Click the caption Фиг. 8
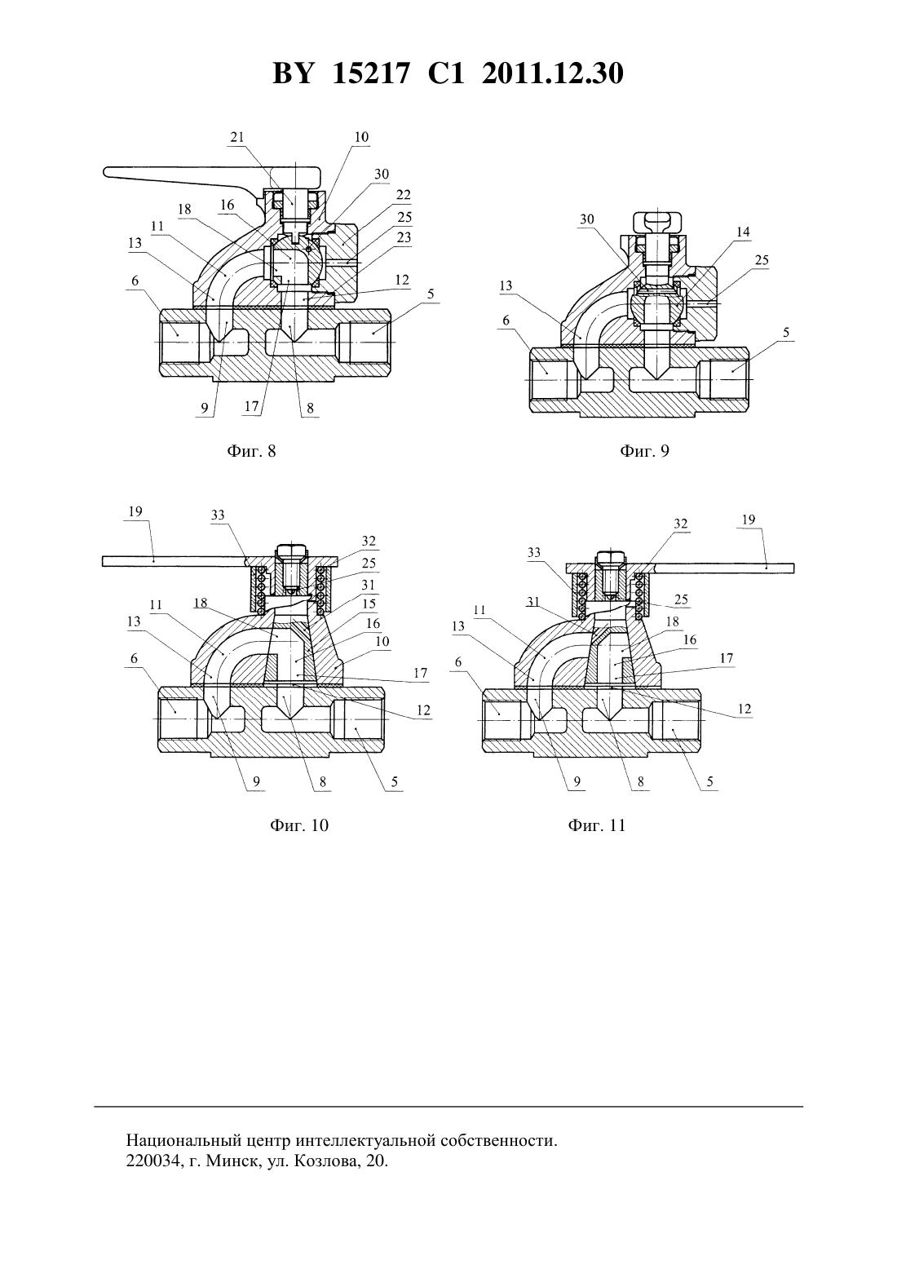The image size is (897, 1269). click(251, 451)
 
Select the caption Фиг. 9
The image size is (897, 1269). click(644, 451)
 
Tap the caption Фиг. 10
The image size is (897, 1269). click(299, 825)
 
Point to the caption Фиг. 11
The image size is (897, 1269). click(597, 825)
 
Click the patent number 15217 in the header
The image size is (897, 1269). click(370, 73)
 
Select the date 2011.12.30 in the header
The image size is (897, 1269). click(553, 73)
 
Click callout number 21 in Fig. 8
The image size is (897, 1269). click(237, 137)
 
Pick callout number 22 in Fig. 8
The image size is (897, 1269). click(403, 194)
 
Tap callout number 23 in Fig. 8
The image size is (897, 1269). click(404, 237)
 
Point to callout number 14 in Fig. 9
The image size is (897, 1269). click(743, 231)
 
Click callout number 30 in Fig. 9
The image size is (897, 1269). click(587, 219)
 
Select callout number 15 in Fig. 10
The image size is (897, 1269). click(369, 604)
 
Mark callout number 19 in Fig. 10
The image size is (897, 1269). click(135, 511)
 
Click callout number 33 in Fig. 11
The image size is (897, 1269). click(534, 552)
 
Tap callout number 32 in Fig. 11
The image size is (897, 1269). click(680, 524)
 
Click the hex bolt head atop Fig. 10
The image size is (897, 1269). click(291, 550)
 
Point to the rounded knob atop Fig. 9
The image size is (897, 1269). click(657, 219)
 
